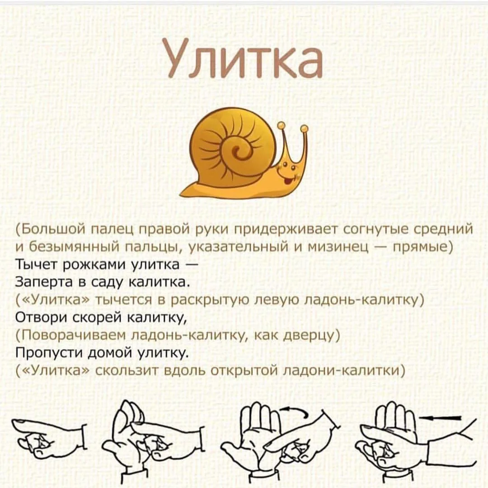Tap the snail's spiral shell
click(x=235, y=145)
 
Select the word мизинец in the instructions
click(x=351, y=247)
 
